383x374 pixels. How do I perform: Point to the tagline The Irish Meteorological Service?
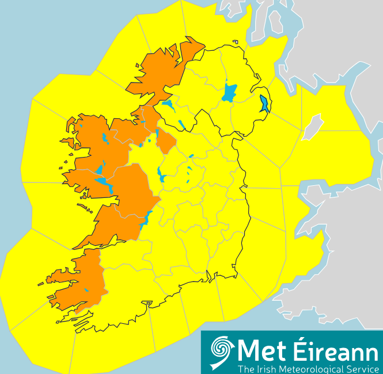tap(308, 368)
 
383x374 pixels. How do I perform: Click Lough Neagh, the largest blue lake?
tap(229, 92)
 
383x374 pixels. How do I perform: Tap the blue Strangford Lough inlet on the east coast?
tap(264, 104)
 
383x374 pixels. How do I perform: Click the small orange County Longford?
tap(166, 142)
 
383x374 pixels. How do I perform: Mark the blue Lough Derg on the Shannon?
tap(146, 218)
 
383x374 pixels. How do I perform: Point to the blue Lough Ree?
tap(161, 173)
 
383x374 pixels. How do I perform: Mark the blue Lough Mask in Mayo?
tap(99, 170)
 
